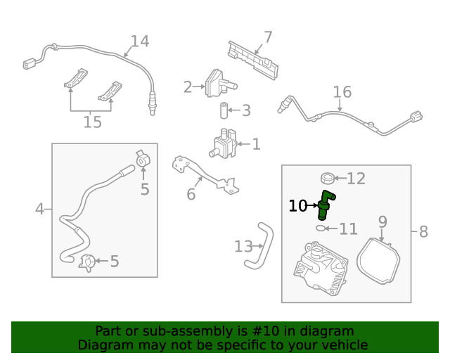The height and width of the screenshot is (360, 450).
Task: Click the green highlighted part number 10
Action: click(326, 205)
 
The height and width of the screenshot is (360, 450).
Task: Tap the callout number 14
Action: click(139, 41)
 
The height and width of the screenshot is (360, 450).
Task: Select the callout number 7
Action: click(268, 37)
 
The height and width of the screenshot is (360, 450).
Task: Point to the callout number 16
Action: click(342, 92)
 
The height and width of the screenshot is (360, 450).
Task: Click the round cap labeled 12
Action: click(327, 177)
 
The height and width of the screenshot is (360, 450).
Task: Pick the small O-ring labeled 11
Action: click(321, 228)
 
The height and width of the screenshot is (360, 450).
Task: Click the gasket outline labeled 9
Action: click(378, 260)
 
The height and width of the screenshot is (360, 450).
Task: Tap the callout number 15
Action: click(92, 122)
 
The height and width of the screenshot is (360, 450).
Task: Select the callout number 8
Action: click(423, 231)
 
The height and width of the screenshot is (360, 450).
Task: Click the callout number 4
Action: click(39, 209)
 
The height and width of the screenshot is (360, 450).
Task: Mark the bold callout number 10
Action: click(298, 206)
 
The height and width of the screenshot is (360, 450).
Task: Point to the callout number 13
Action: click(243, 246)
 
